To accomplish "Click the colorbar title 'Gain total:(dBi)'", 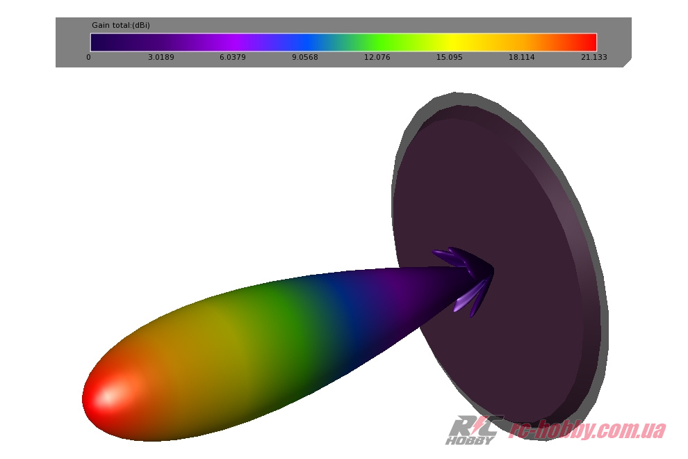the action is click(121, 25).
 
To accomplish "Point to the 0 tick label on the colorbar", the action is click(89, 57).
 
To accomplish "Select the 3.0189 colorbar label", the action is click(161, 57).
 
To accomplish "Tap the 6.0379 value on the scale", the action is click(233, 57).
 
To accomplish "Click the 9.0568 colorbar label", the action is click(305, 57).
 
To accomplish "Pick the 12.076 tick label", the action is click(377, 57).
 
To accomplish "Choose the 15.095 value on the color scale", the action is click(450, 57).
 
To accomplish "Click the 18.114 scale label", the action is click(521, 57).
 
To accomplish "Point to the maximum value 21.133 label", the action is click(593, 57).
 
